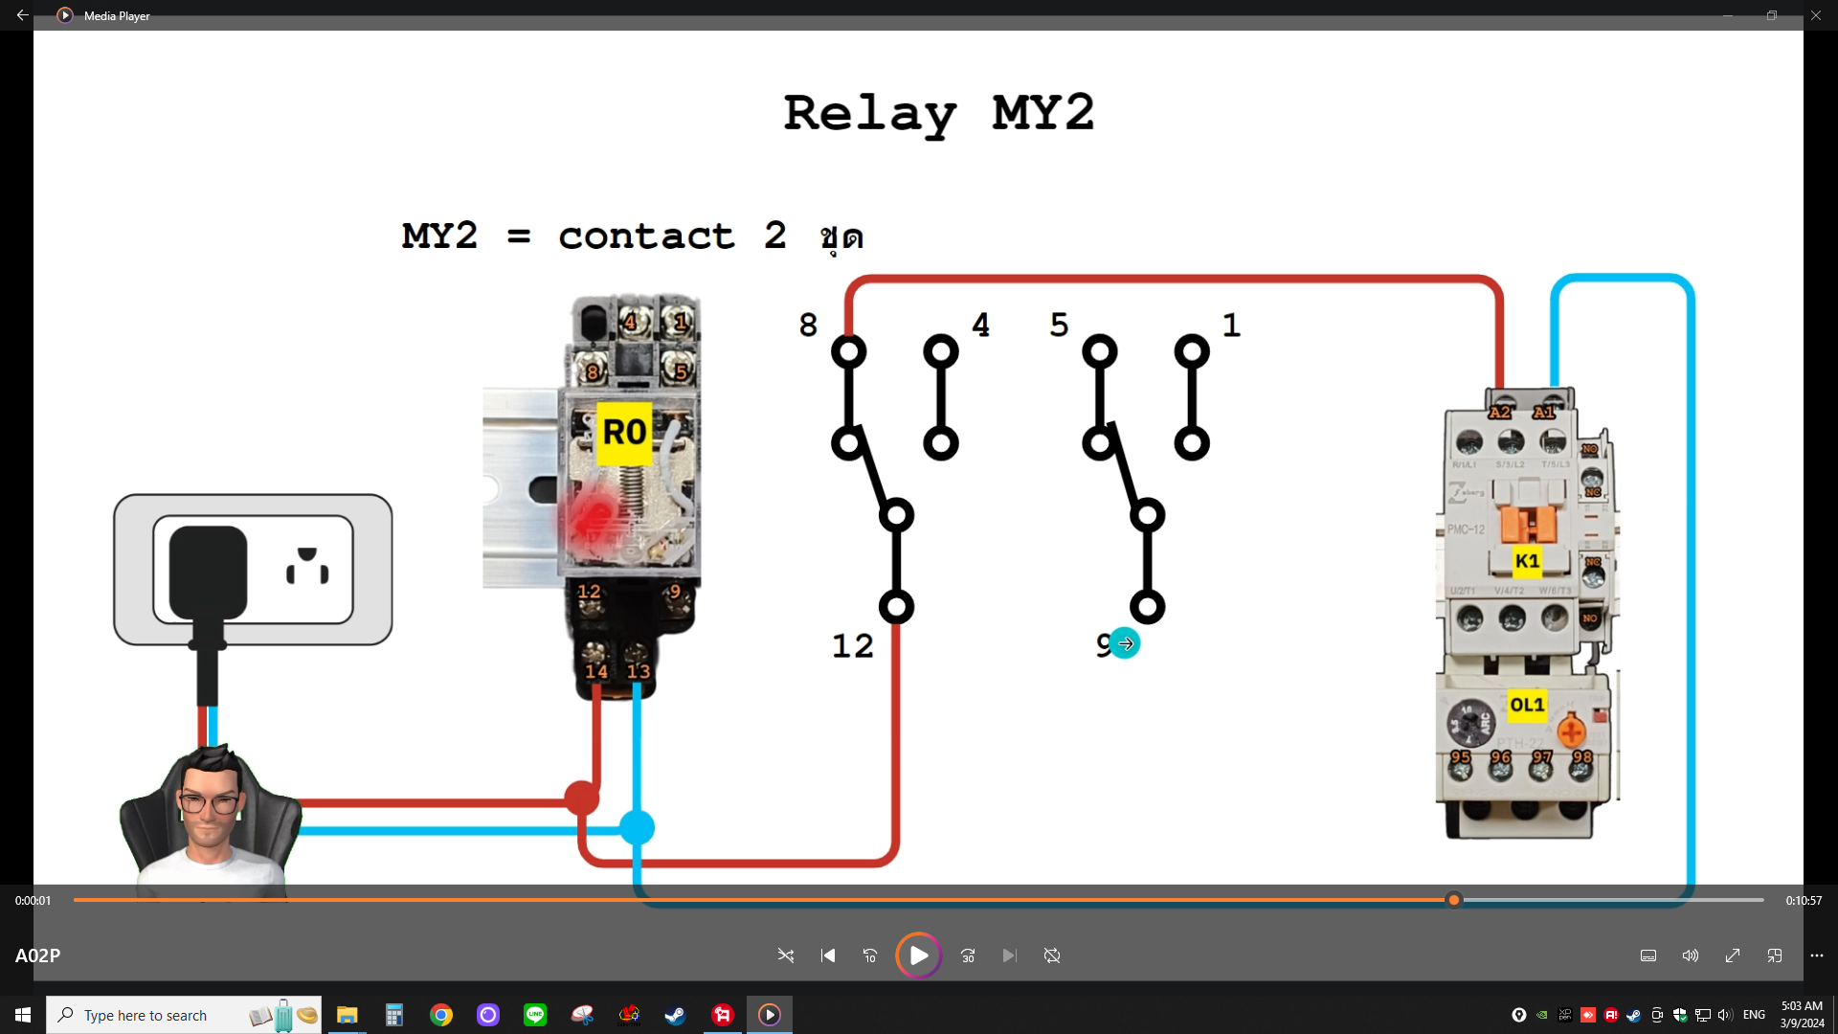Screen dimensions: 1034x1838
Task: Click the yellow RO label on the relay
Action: click(x=624, y=433)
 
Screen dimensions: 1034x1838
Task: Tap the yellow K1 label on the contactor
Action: click(x=1527, y=561)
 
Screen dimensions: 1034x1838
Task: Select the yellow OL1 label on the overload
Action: click(x=1527, y=706)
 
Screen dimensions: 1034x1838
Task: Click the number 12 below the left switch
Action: click(x=852, y=646)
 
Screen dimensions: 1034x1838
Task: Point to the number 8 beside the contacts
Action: click(x=808, y=326)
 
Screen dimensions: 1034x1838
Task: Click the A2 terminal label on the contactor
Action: click(x=1499, y=413)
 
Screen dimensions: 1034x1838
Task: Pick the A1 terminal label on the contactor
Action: click(x=1543, y=413)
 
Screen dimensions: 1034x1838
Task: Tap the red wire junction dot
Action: click(x=581, y=798)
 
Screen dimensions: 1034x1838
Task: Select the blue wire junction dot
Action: click(x=637, y=827)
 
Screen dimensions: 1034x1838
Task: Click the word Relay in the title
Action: click(x=869, y=114)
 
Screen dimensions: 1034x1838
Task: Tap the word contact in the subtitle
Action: click(x=646, y=236)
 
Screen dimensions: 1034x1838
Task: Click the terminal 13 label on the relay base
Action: click(x=639, y=671)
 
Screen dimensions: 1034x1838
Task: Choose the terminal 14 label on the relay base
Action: click(x=596, y=671)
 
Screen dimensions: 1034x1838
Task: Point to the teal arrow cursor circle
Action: click(x=1125, y=644)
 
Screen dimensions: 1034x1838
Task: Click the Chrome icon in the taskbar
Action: click(x=440, y=1015)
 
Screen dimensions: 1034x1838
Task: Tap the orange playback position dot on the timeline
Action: click(x=1454, y=900)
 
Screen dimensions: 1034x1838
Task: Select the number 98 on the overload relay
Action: click(x=1582, y=757)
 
